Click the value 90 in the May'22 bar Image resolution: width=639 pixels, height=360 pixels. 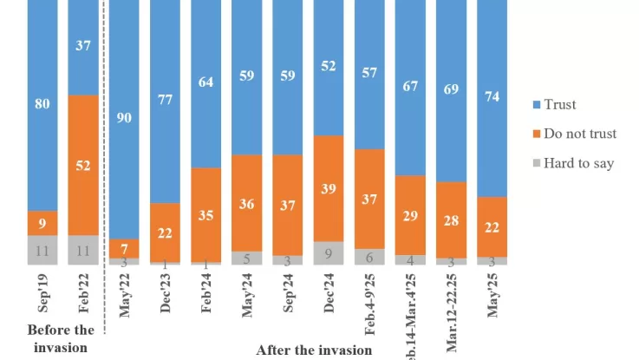tap(123, 118)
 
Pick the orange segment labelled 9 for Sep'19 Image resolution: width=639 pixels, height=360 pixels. tap(42, 223)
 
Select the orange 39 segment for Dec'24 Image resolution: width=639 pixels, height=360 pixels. tap(327, 188)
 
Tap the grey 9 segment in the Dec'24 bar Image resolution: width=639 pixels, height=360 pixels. tap(327, 252)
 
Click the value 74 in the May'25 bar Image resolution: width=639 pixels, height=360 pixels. tap(492, 98)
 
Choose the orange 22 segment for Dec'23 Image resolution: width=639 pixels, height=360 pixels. tap(166, 232)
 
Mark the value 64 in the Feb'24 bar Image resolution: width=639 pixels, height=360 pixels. tap(205, 83)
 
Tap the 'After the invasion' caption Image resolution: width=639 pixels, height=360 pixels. tap(314, 350)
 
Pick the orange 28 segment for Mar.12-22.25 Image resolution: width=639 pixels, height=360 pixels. tap(452, 219)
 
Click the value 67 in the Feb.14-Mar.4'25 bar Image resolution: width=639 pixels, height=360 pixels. tap(411, 88)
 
